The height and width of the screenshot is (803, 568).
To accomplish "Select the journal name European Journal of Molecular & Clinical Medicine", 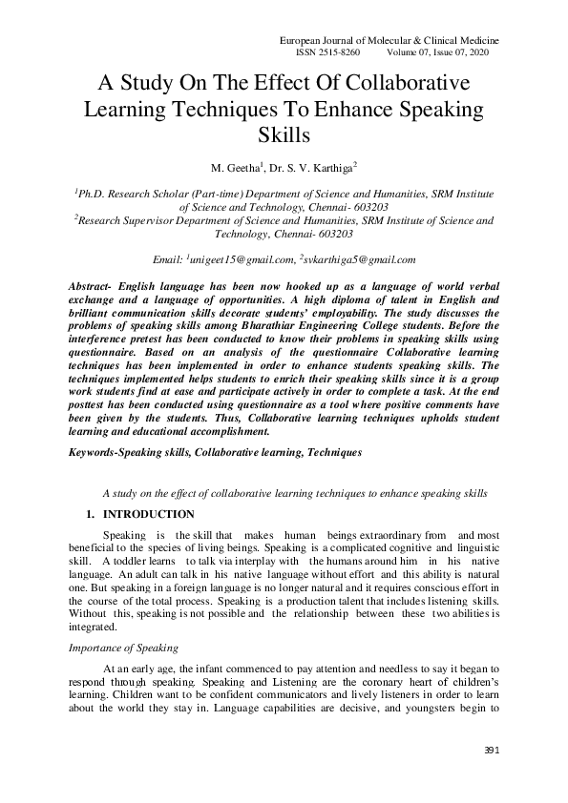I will [x=389, y=40].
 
